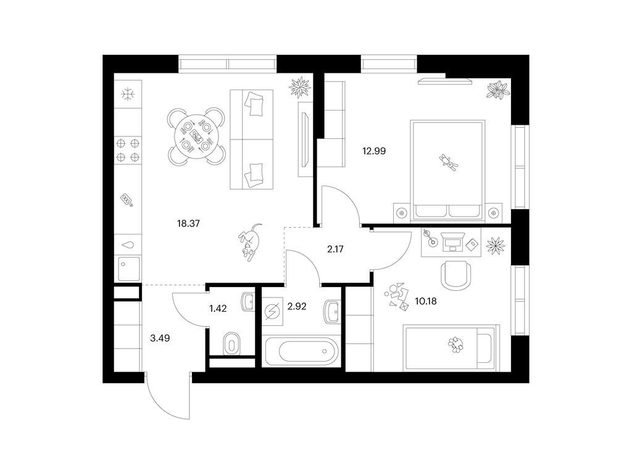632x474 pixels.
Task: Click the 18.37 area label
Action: point(188,223)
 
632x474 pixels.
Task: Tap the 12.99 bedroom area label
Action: point(374,151)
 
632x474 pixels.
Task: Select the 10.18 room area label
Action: point(426,301)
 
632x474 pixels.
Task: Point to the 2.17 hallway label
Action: point(335,249)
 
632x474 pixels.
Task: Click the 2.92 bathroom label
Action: point(297,307)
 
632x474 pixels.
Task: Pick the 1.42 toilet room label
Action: point(218,309)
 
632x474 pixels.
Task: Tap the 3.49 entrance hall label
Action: point(160,339)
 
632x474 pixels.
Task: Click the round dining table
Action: point(196,136)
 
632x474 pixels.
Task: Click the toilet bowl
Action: point(231,343)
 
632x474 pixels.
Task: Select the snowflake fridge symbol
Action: point(128,95)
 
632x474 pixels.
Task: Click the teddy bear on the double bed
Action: point(449,162)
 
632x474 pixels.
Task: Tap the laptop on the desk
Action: point(452,241)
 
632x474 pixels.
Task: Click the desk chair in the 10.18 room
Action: point(455,275)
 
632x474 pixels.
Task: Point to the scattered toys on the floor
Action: point(397,296)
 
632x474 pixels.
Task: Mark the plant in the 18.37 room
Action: point(301,86)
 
